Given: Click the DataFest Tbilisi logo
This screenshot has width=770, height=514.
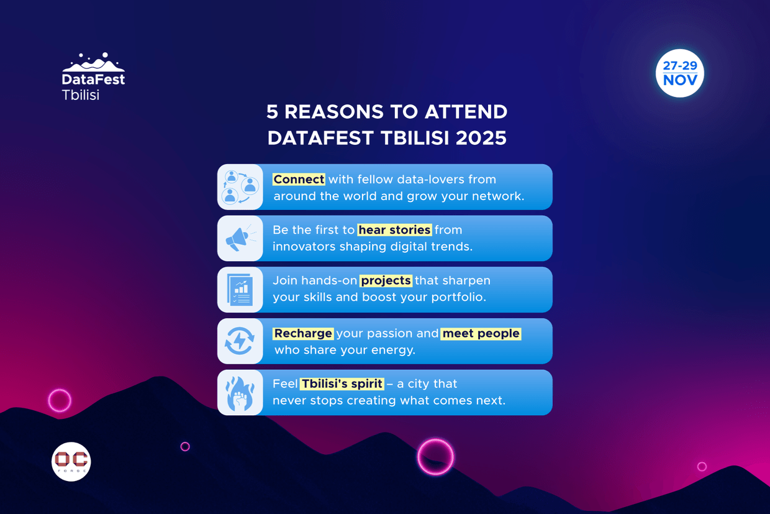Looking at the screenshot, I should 93,76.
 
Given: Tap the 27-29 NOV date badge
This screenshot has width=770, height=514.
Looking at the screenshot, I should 680,73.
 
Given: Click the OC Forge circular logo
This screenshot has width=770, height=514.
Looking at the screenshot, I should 71,461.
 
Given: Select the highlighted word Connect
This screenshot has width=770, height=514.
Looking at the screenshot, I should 299,179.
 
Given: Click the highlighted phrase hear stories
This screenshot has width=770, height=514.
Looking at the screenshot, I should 394,230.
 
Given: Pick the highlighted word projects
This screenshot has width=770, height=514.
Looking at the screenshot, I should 386,280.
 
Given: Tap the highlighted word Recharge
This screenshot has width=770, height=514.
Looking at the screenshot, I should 303,333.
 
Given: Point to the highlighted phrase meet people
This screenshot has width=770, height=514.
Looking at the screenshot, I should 481,333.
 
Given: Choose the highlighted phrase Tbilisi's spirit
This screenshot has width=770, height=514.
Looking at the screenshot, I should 342,383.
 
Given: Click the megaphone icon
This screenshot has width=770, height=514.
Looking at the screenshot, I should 240,239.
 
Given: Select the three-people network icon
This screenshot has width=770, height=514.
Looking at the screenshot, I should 240,187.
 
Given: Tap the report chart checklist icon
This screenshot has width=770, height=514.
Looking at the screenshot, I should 240,290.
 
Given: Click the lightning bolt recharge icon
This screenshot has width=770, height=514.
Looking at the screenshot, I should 240,341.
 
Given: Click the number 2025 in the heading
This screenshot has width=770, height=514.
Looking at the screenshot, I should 481,138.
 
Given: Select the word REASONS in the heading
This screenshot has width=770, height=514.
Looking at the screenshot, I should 333,112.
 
